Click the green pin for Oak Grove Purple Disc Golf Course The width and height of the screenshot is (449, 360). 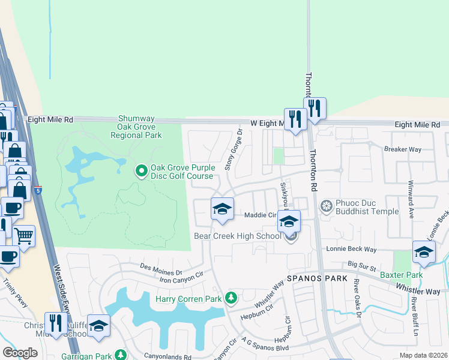[x=142, y=172]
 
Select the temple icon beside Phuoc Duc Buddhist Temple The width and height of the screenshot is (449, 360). [x=327, y=207]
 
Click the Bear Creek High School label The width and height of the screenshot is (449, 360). [x=237, y=236]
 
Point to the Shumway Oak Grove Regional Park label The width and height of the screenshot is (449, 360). [x=136, y=127]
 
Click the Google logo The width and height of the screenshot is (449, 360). [x=20, y=353]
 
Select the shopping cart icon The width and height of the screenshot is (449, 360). [x=24, y=235]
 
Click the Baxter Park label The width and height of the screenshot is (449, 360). [x=402, y=275]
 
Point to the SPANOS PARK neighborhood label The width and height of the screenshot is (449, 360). [x=318, y=279]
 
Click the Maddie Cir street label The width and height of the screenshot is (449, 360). [x=259, y=215]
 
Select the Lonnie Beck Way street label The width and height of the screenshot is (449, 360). [x=351, y=248]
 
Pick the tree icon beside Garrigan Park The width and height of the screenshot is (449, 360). [x=121, y=355]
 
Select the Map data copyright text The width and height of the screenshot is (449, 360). [x=423, y=355]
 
